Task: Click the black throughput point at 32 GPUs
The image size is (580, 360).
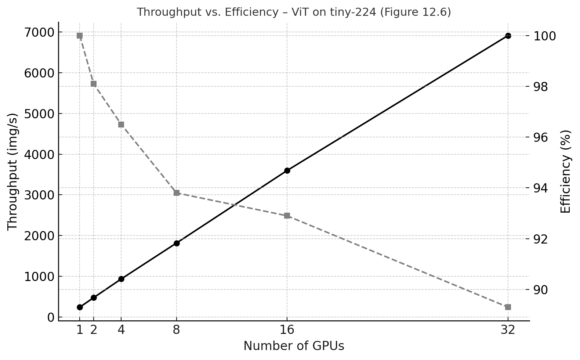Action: click(x=508, y=36)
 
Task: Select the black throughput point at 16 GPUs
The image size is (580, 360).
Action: click(x=287, y=170)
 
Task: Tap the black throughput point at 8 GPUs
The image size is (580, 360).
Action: click(x=177, y=243)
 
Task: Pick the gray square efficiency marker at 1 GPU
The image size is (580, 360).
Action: click(x=80, y=36)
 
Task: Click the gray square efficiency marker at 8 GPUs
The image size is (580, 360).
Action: click(x=177, y=193)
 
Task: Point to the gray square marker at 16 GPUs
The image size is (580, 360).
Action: click(x=287, y=216)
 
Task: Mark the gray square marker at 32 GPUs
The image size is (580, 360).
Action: click(x=508, y=307)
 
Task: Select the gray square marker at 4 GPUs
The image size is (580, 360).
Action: click(x=121, y=125)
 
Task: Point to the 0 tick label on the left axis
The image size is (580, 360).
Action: click(x=50, y=317)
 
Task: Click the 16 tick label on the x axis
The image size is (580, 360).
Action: click(x=287, y=330)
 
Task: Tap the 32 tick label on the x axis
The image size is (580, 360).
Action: click(x=508, y=330)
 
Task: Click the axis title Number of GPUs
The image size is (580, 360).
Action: click(x=294, y=346)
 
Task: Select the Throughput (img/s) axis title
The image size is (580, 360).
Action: click(x=13, y=172)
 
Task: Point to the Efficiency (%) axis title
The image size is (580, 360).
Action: click(x=566, y=172)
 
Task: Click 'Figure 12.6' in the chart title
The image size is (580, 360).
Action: click(x=415, y=12)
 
